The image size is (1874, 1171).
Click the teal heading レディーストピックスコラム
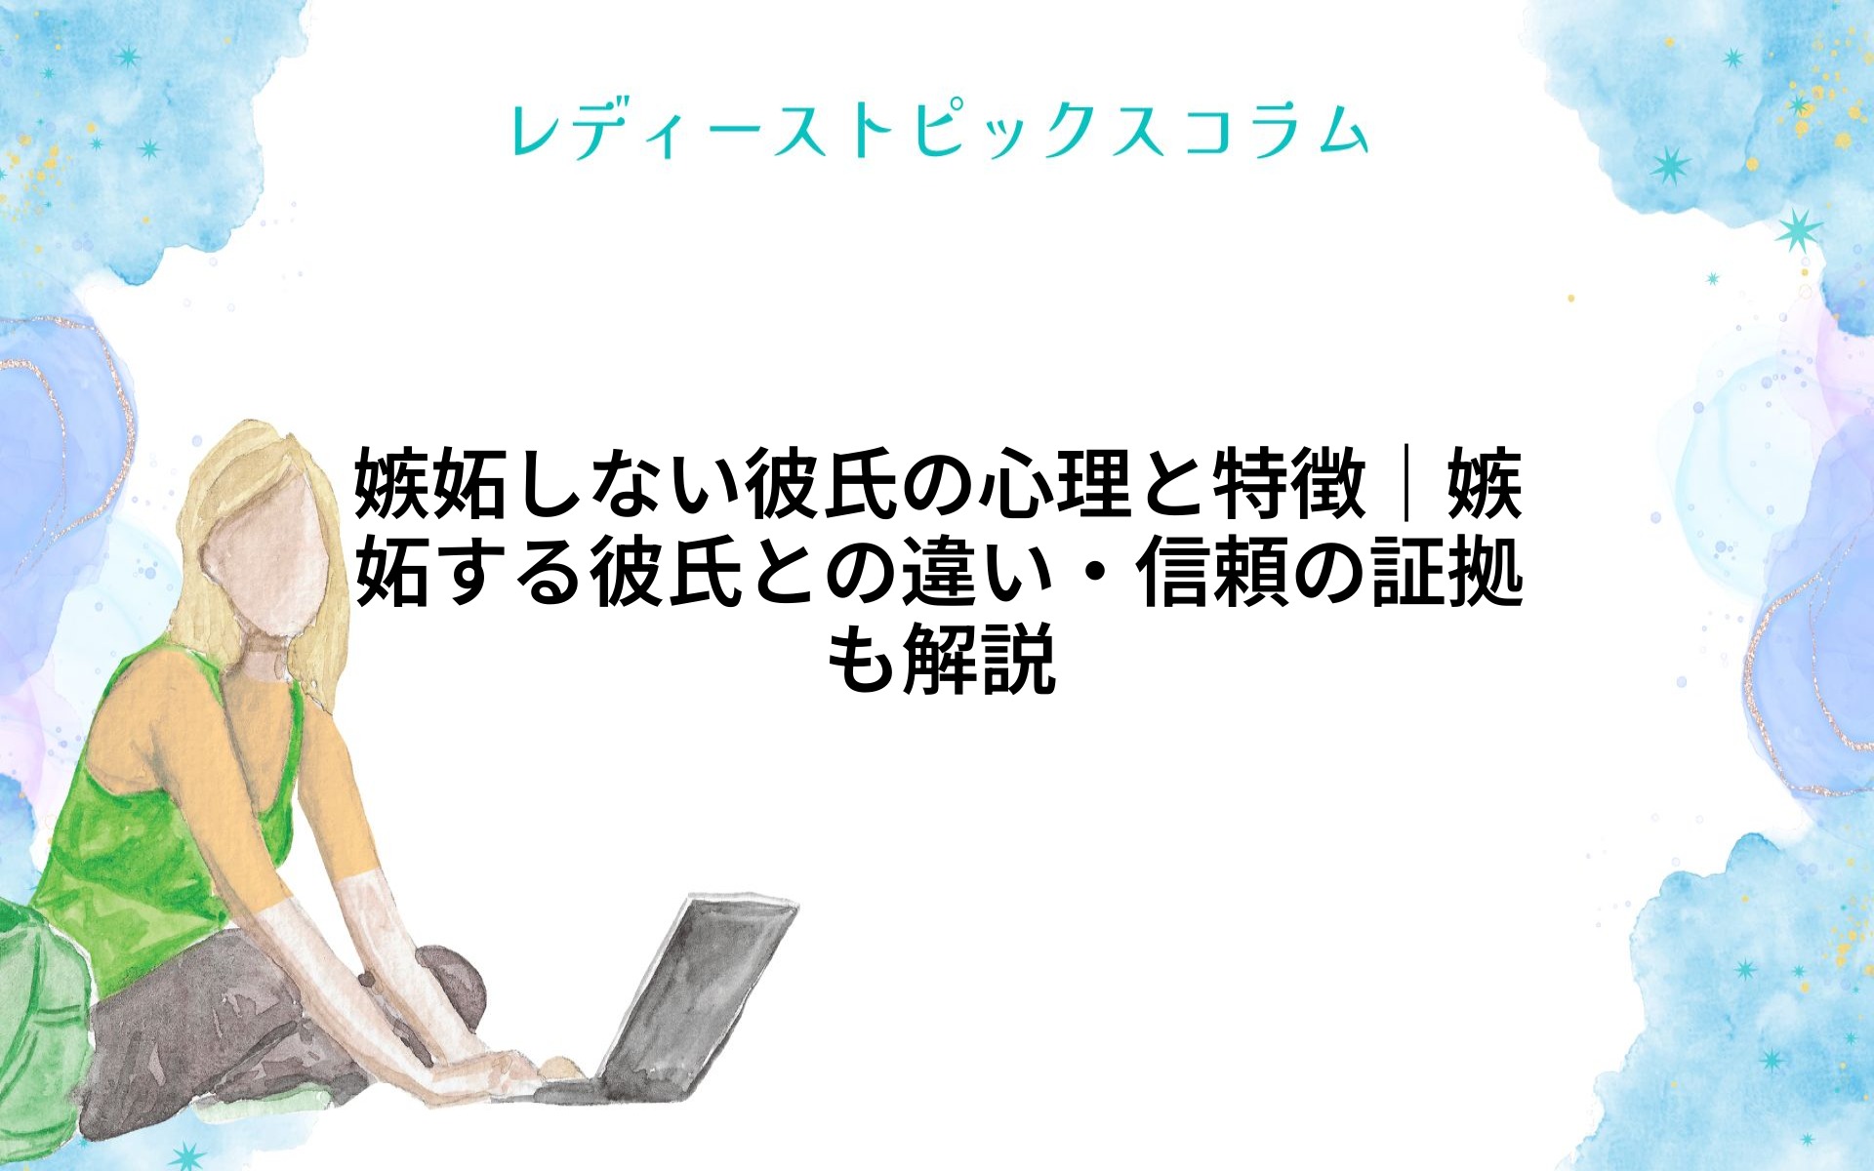click(939, 131)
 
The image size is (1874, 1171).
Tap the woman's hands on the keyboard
click(508, 1069)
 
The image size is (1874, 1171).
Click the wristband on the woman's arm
click(367, 979)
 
